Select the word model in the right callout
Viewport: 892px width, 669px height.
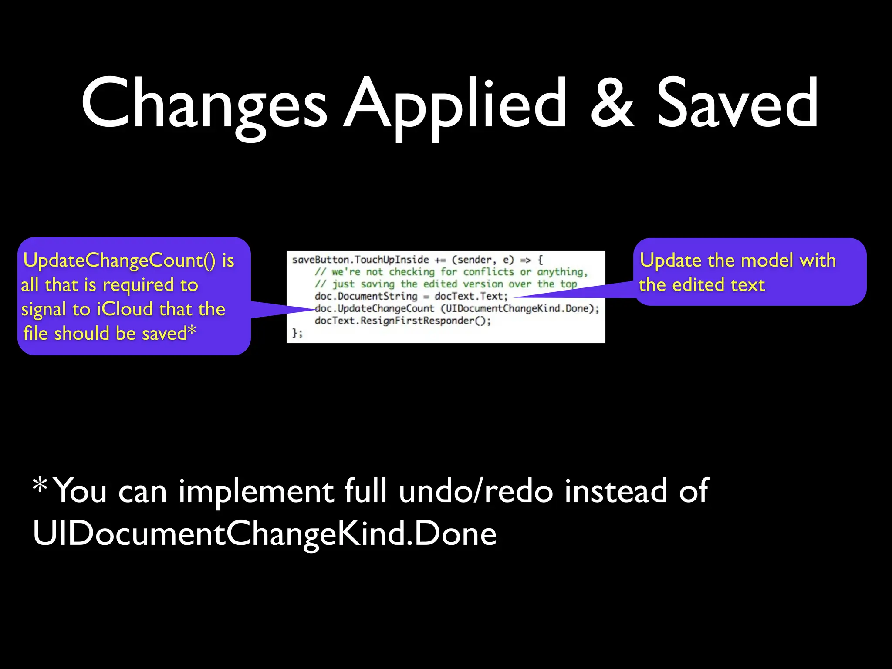click(x=767, y=260)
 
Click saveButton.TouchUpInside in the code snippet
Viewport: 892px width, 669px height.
click(x=361, y=260)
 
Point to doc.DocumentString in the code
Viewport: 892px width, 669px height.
click(x=366, y=296)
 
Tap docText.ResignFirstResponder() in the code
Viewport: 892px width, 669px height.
click(x=402, y=321)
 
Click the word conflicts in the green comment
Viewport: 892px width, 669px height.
click(x=488, y=272)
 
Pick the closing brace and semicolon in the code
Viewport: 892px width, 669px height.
click(x=297, y=333)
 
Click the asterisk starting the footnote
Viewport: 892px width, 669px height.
click(x=40, y=485)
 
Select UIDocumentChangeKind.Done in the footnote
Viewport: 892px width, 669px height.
click(x=264, y=534)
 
